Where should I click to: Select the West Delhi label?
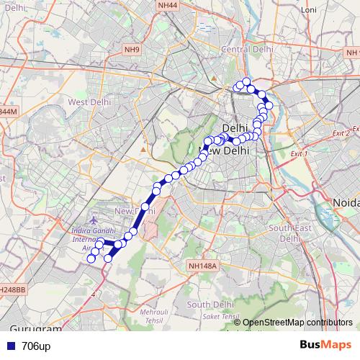pyautogui.click(x=88, y=102)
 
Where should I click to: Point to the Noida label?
pyautogui.click(x=343, y=203)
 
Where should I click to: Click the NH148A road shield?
pyautogui.click(x=201, y=266)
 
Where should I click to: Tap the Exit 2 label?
pyautogui.click(x=341, y=133)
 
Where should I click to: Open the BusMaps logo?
pyautogui.click(x=325, y=346)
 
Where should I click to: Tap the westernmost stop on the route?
pyautogui.click(x=91, y=258)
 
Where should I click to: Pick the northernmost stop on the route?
pyautogui.click(x=246, y=81)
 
